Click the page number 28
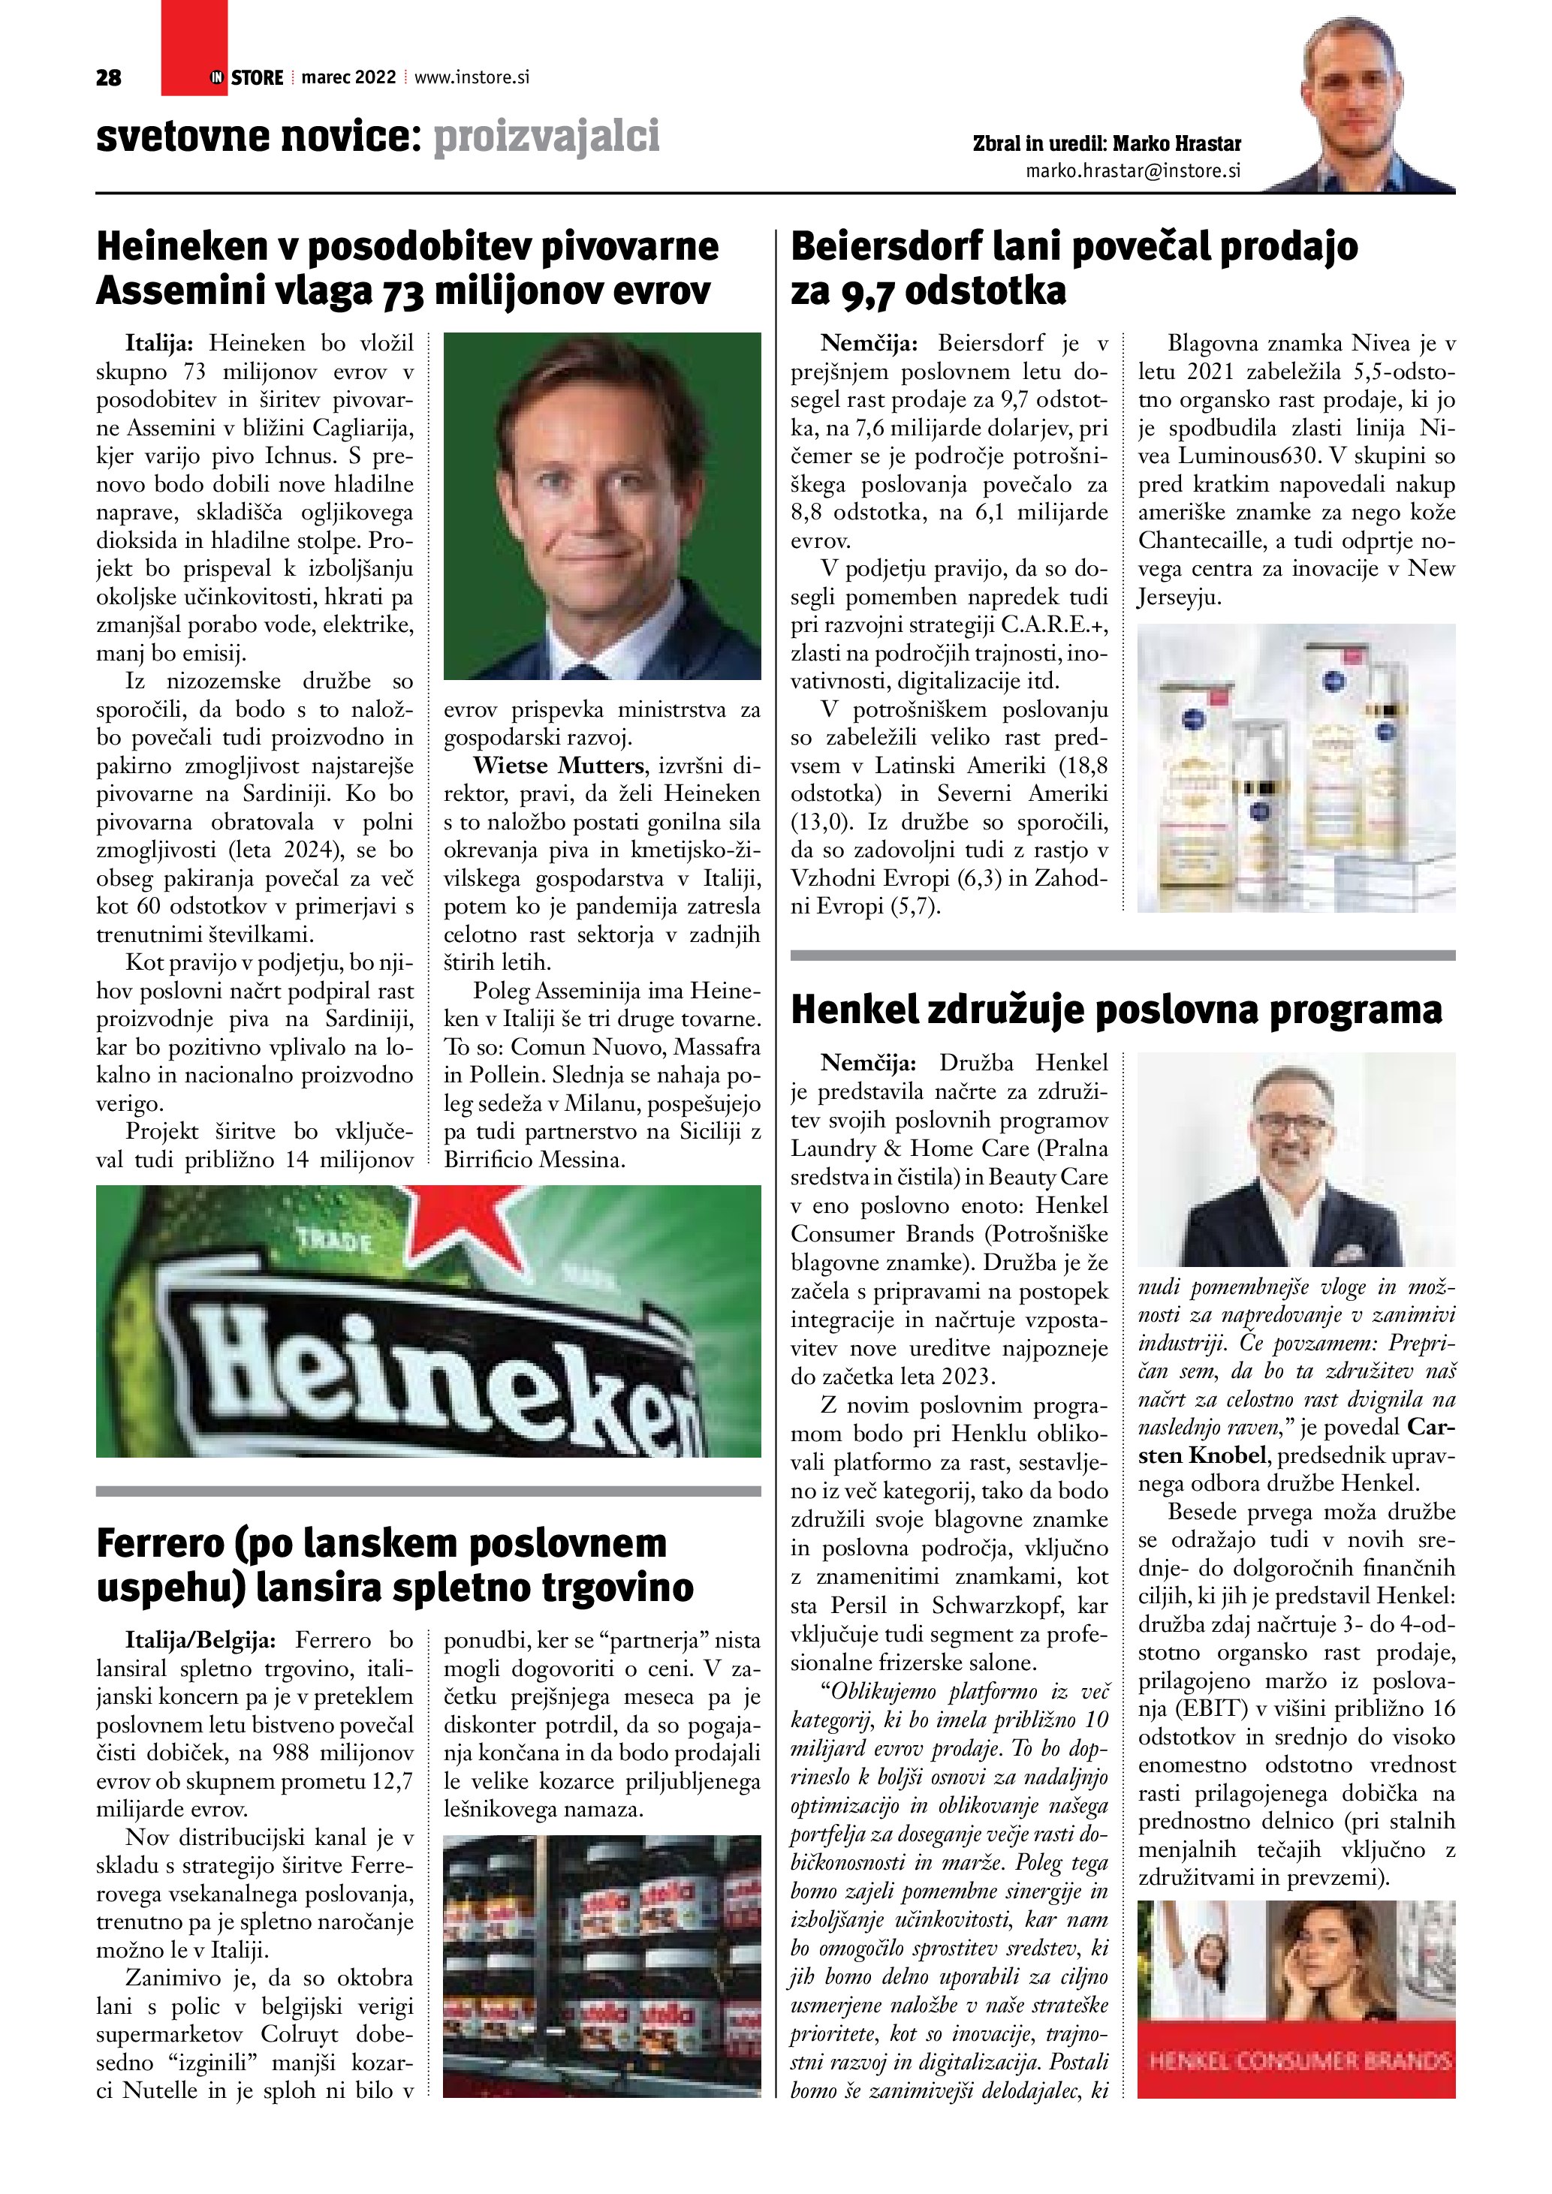[109, 78]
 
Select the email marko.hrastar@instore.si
[1132, 171]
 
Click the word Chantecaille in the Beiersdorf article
[1201, 541]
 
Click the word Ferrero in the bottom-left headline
[160, 1543]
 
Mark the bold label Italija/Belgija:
[200, 1641]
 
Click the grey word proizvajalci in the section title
[547, 137]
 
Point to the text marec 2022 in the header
[349, 77]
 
